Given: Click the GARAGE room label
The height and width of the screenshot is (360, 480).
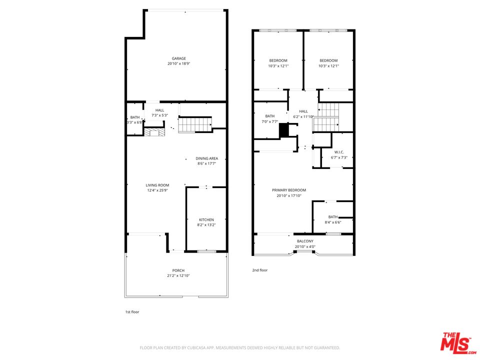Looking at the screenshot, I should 179,58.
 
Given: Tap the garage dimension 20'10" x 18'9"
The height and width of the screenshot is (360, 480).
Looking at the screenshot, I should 179,63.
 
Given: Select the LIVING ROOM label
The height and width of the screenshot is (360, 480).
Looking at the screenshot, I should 157,185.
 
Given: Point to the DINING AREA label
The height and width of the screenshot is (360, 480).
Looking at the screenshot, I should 206,158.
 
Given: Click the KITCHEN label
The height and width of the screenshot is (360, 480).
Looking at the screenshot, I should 206,220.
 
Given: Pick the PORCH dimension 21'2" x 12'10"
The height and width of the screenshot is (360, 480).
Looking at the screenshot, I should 178,275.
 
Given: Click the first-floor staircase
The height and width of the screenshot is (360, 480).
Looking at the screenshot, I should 195,124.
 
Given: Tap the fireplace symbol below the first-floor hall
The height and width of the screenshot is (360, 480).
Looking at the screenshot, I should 154,131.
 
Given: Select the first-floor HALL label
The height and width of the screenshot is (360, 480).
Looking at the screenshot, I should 159,110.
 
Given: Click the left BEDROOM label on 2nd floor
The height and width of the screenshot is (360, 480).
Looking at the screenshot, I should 278,60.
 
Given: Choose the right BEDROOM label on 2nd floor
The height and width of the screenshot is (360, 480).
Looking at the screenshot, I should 328,60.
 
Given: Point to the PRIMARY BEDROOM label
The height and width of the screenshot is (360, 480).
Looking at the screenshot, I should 289,190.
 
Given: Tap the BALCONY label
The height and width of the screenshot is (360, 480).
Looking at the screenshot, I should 305,241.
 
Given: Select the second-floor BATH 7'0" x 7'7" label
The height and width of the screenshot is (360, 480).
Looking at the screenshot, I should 270,116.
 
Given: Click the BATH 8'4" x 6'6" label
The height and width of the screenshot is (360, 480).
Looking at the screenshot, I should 333,217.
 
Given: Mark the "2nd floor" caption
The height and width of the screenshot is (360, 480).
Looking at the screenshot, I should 259,270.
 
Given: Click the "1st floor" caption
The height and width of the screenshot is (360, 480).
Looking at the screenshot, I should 132,311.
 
